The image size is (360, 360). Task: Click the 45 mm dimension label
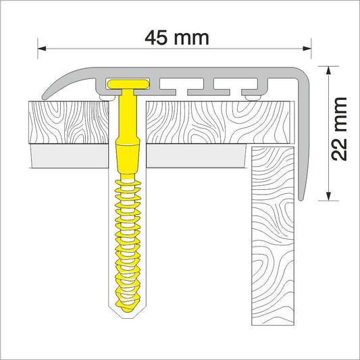[177, 38]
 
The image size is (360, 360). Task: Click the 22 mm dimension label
[338, 129]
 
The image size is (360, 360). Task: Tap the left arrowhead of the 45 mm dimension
[42, 49]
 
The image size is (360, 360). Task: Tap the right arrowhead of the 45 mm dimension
[307, 49]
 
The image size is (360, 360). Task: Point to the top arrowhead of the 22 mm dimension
[328, 70]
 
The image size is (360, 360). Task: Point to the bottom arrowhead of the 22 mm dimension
[328, 197]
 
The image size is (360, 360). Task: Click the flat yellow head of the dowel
[128, 84]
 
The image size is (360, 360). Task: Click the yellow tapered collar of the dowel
[128, 159]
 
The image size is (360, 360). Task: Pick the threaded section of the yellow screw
[128, 243]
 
